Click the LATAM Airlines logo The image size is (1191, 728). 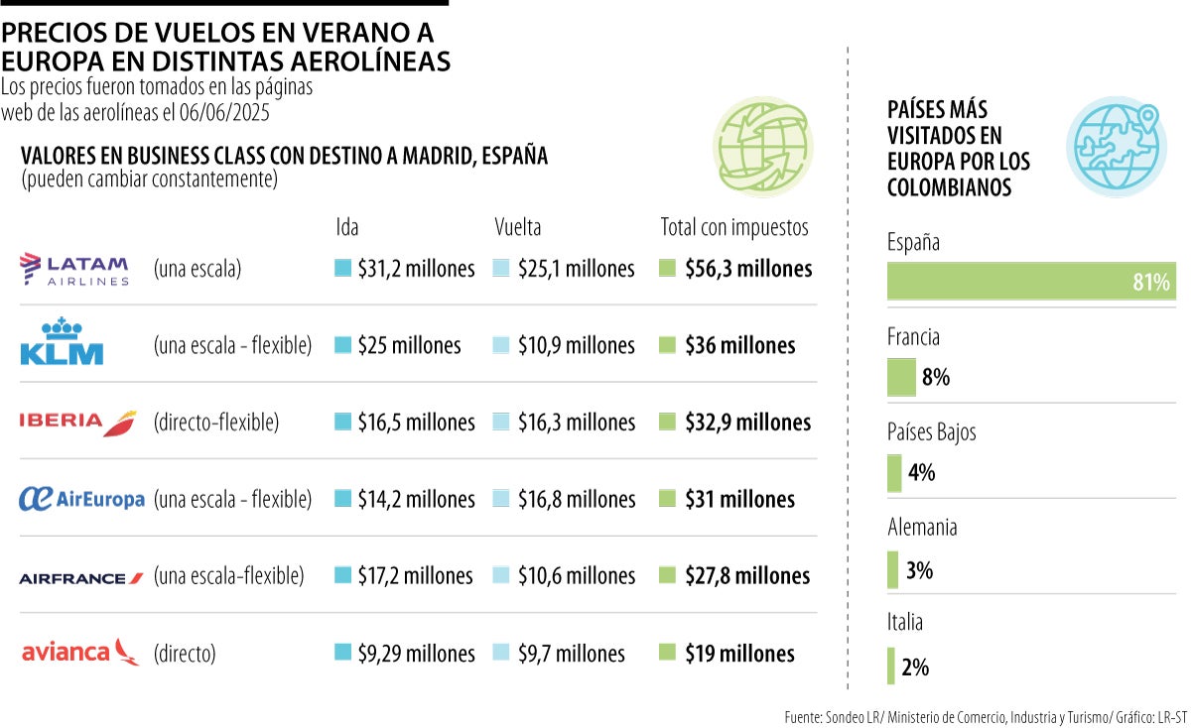(x=74, y=269)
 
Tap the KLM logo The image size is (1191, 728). (x=62, y=342)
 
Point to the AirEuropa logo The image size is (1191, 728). (x=81, y=499)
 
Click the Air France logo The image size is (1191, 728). (x=81, y=577)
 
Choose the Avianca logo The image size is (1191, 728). (x=80, y=652)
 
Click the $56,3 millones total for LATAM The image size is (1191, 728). (x=747, y=269)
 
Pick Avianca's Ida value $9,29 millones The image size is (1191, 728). (x=416, y=654)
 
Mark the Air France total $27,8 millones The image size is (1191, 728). (x=746, y=576)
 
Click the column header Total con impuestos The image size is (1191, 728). (x=734, y=227)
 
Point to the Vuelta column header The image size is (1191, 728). (x=518, y=227)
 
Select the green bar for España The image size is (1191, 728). (x=1030, y=282)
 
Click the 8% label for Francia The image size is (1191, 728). (x=935, y=377)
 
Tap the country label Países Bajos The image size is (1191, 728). (x=931, y=432)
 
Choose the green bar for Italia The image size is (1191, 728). (x=891, y=667)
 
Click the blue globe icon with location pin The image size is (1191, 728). (x=1116, y=146)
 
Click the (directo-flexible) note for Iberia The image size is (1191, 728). (x=216, y=423)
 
